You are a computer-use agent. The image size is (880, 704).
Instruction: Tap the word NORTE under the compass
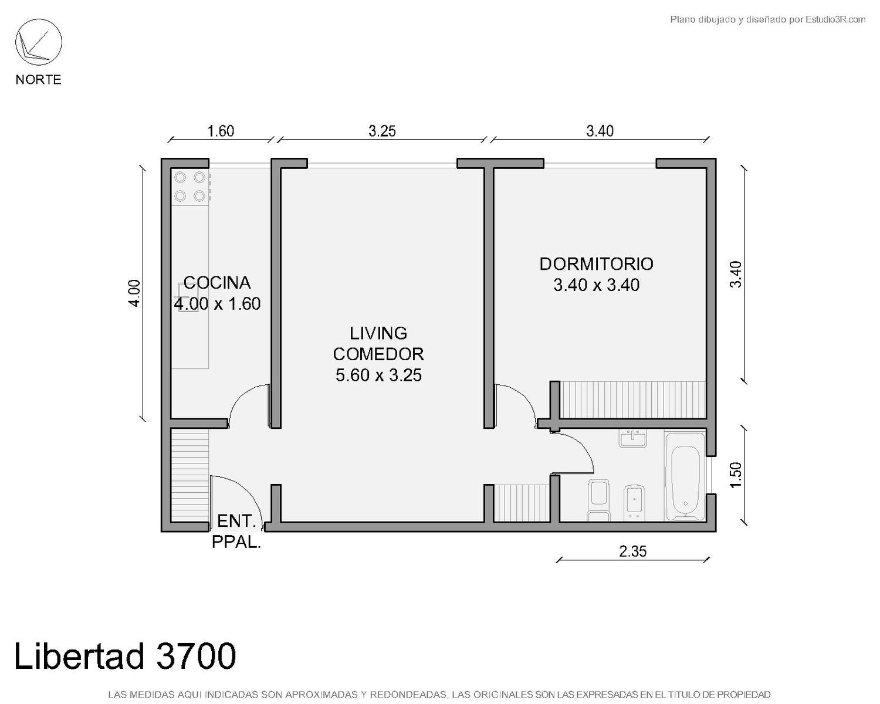pos(39,79)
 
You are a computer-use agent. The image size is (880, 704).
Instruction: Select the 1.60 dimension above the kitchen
pos(221,131)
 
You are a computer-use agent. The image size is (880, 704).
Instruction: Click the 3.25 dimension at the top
pos(383,131)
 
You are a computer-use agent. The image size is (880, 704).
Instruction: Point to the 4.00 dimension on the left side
pos(134,293)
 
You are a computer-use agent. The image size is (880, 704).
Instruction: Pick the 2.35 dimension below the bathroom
pos(633,551)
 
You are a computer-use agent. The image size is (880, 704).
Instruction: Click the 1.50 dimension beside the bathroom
pos(735,475)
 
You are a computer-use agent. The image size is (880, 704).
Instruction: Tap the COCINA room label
pos(216,283)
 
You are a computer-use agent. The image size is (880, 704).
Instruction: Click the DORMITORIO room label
pos(596,264)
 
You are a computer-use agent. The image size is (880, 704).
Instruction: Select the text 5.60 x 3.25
pos(378,375)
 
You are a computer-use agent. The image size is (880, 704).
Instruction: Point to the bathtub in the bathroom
pos(685,476)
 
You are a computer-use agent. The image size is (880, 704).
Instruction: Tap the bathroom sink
pos(632,438)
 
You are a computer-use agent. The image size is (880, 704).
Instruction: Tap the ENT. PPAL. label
pos(236,532)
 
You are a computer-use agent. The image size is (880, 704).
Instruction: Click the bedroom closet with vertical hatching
pos(632,400)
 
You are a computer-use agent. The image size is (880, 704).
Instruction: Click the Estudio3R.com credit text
pos(767,19)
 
